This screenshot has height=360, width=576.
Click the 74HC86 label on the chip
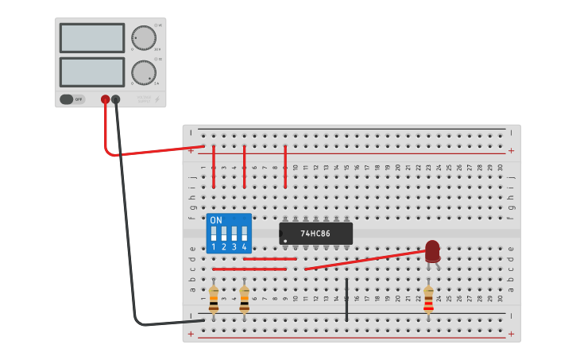315,234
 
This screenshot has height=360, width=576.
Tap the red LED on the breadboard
432,250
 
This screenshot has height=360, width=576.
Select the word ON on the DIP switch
216,220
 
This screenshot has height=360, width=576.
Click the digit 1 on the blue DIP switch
214,247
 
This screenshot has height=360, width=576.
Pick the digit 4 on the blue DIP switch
244,247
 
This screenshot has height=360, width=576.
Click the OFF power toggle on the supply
72,99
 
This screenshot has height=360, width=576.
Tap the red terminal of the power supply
105,99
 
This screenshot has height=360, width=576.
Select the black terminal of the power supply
116,99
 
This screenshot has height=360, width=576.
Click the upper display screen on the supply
92,38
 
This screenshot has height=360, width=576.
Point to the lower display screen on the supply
92,72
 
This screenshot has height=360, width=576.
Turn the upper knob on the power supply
144,38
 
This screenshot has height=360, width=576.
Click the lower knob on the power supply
144,72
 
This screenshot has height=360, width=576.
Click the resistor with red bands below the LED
429,300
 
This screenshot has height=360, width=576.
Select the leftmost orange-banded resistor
214,300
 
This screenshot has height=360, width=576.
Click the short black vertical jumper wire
346,300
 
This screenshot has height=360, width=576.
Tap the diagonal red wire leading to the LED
365,260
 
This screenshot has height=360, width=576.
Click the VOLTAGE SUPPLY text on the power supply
144,99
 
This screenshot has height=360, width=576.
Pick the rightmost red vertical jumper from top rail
285,167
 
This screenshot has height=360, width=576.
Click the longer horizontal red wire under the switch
249,269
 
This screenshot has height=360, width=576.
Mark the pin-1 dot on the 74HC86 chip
285,240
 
